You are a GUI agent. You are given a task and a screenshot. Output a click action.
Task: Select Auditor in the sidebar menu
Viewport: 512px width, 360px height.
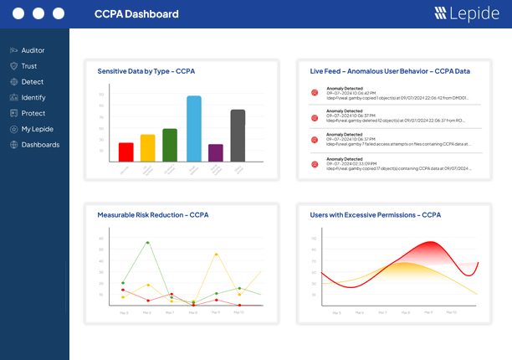[x=33, y=50]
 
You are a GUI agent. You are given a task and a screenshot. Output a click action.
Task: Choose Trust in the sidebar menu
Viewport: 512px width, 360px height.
[x=28, y=66]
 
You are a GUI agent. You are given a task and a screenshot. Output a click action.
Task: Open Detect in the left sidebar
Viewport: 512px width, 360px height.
[x=32, y=82]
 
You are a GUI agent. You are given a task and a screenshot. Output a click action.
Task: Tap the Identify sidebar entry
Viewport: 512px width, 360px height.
[x=33, y=98]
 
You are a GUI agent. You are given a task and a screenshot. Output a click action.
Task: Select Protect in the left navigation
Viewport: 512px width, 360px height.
[x=33, y=113]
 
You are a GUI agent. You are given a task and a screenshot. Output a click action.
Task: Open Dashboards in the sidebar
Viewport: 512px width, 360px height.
[x=39, y=145]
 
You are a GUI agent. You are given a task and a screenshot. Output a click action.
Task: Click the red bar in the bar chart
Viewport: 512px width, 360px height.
[x=125, y=152]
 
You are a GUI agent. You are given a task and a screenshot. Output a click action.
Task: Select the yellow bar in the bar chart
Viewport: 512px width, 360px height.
[x=148, y=147]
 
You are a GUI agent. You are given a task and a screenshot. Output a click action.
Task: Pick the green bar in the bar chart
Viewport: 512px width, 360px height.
[x=170, y=145]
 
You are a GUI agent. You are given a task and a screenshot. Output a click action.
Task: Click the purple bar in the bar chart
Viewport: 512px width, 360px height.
[x=216, y=152]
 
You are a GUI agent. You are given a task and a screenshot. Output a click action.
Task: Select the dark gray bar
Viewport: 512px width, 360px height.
[x=238, y=136]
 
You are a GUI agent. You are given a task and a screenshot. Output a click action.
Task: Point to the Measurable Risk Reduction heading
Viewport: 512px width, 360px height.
[x=152, y=215]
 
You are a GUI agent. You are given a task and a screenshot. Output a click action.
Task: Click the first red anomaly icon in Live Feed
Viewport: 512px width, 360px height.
[x=315, y=93]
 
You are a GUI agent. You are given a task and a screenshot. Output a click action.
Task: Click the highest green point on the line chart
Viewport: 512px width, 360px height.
[x=147, y=243]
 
